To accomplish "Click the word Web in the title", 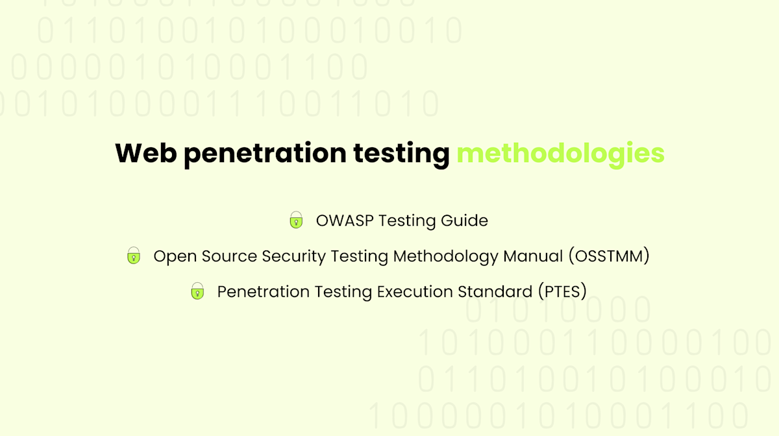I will pyautogui.click(x=145, y=154).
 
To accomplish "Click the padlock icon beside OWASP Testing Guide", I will pyautogui.click(x=296, y=221).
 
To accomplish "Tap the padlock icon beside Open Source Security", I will pyautogui.click(x=134, y=256).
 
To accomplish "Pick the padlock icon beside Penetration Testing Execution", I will pyautogui.click(x=197, y=291).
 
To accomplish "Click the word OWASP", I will pyautogui.click(x=344, y=221).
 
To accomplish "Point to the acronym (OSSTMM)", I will pyautogui.click(x=609, y=256).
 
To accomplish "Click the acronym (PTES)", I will pyautogui.click(x=562, y=292).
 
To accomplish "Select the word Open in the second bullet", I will pyautogui.click(x=172, y=257).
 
